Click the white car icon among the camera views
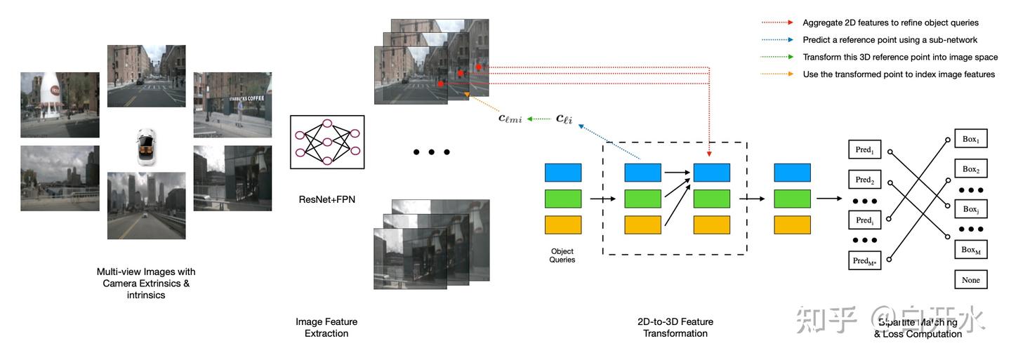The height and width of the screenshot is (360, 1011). tap(146, 147)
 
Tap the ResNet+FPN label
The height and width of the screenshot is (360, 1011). tap(326, 199)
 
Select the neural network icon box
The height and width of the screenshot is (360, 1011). tap(326, 142)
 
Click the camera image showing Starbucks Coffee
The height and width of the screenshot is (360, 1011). tap(232, 105)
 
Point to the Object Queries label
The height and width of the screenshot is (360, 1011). tap(562, 255)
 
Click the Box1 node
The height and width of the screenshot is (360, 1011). tap(970, 139)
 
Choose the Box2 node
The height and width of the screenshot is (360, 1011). tap(970, 169)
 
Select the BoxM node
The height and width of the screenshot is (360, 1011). tap(970, 249)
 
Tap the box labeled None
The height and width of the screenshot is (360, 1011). tap(970, 280)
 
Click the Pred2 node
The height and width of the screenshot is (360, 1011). tap(864, 180)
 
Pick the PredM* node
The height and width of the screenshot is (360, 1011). tap(864, 260)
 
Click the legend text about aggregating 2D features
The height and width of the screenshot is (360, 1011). tap(890, 23)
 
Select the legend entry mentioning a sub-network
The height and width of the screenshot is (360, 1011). tap(890, 40)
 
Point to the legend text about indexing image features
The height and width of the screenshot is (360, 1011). tap(899, 74)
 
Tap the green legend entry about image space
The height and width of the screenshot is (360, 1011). tap(900, 58)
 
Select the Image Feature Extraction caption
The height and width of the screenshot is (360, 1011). tap(326, 327)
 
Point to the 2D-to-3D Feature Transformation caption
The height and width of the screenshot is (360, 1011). tap(675, 327)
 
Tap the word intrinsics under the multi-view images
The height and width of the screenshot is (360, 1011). tap(146, 295)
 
